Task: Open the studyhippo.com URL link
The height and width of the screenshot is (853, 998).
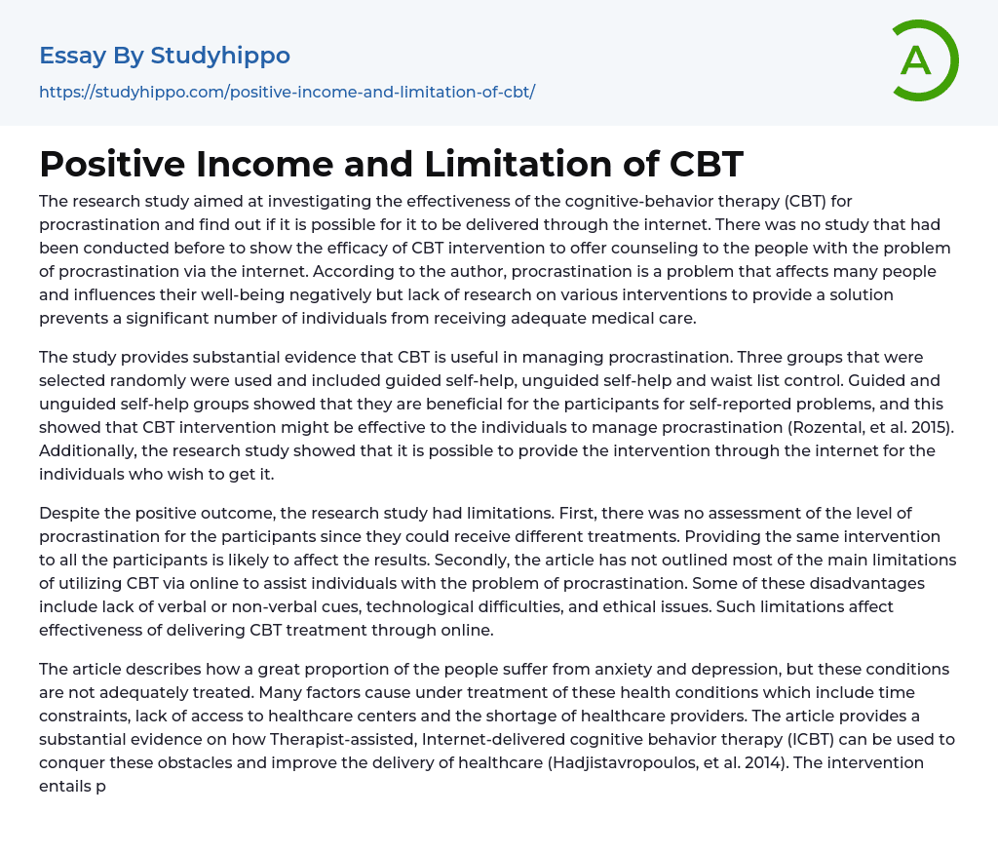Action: click(287, 92)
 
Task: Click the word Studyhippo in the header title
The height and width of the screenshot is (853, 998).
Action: click(220, 56)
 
